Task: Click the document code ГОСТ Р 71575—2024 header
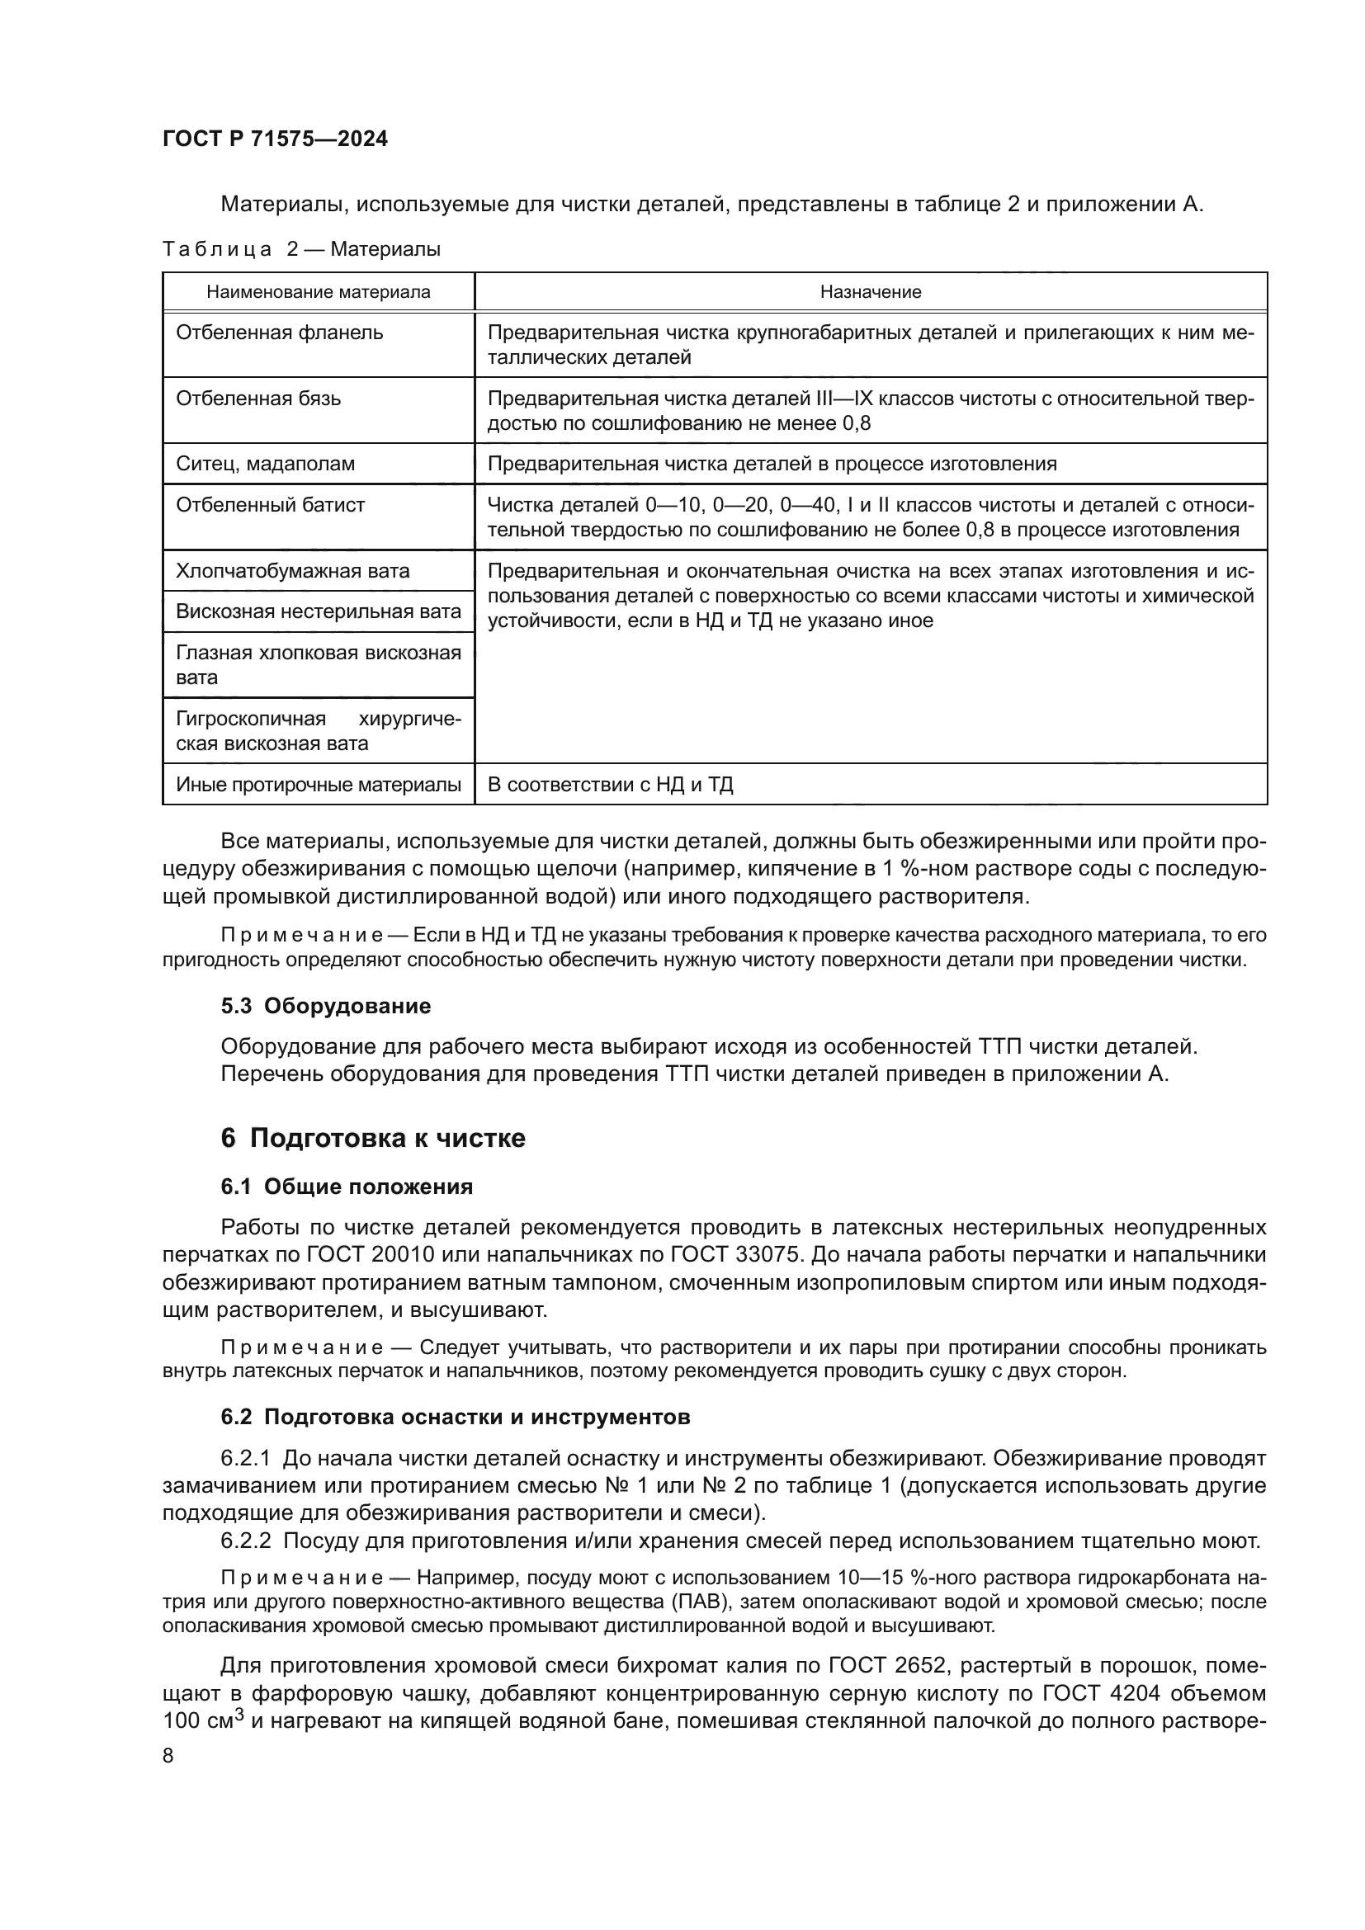click(275, 139)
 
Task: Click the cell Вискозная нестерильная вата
click(318, 612)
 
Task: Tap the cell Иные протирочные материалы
click(318, 785)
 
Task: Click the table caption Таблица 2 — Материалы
click(301, 250)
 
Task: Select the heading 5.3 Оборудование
click(325, 1006)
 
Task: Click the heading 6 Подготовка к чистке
click(372, 1138)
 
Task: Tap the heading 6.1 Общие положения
click(347, 1187)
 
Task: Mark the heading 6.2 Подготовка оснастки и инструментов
click(455, 1418)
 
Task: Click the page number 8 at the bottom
click(168, 1756)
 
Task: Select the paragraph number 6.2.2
click(245, 1541)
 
